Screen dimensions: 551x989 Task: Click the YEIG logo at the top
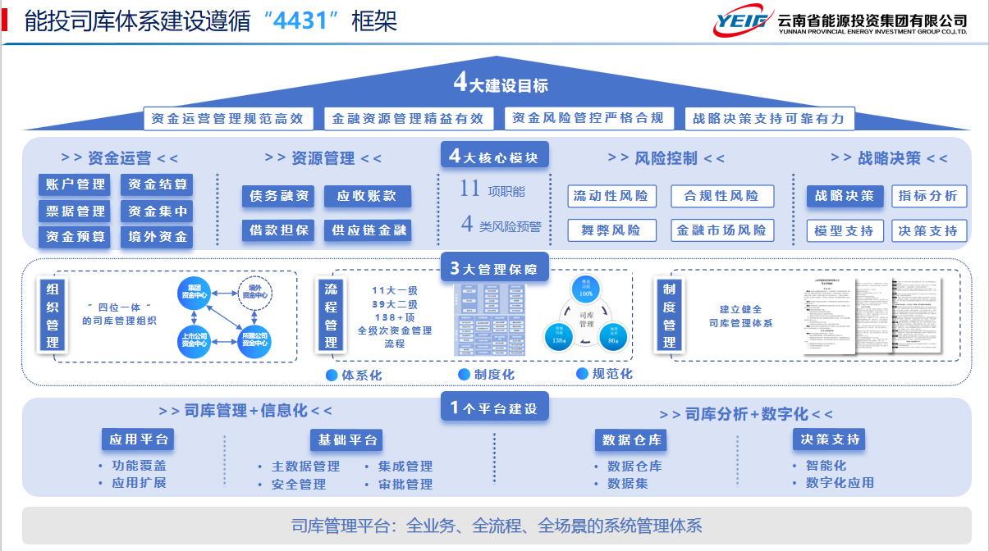[742, 22]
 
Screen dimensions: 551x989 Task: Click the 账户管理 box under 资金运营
[76, 184]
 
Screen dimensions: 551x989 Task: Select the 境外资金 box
[158, 237]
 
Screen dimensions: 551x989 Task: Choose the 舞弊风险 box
[611, 230]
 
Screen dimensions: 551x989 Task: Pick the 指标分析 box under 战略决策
[928, 196]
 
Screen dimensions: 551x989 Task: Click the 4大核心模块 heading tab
[494, 157]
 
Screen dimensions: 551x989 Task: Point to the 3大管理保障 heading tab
[494, 269]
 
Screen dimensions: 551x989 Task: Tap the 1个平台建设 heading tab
[494, 408]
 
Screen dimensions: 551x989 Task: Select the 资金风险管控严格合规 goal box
[588, 118]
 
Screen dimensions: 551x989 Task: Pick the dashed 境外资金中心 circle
[255, 290]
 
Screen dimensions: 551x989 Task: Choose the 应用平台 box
[138, 439]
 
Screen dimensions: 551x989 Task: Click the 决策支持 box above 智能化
[831, 439]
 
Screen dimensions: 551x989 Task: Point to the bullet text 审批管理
[405, 485]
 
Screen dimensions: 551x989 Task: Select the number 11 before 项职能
[469, 189]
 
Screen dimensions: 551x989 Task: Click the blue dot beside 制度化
[465, 375]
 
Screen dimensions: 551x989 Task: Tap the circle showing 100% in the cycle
[586, 289]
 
